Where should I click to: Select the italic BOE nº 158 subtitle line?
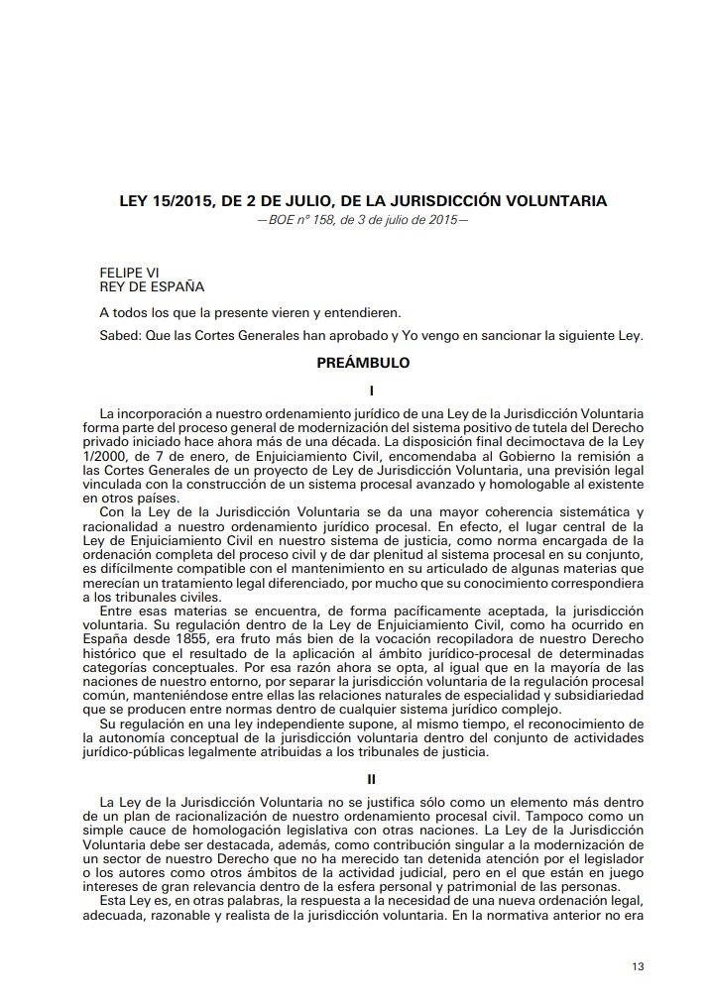pyautogui.click(x=362, y=219)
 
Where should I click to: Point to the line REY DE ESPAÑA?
pyautogui.click(x=152, y=286)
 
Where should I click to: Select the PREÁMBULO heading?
pyautogui.click(x=362, y=364)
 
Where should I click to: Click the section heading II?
pyautogui.click(x=362, y=780)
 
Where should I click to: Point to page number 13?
pyautogui.click(x=638, y=965)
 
